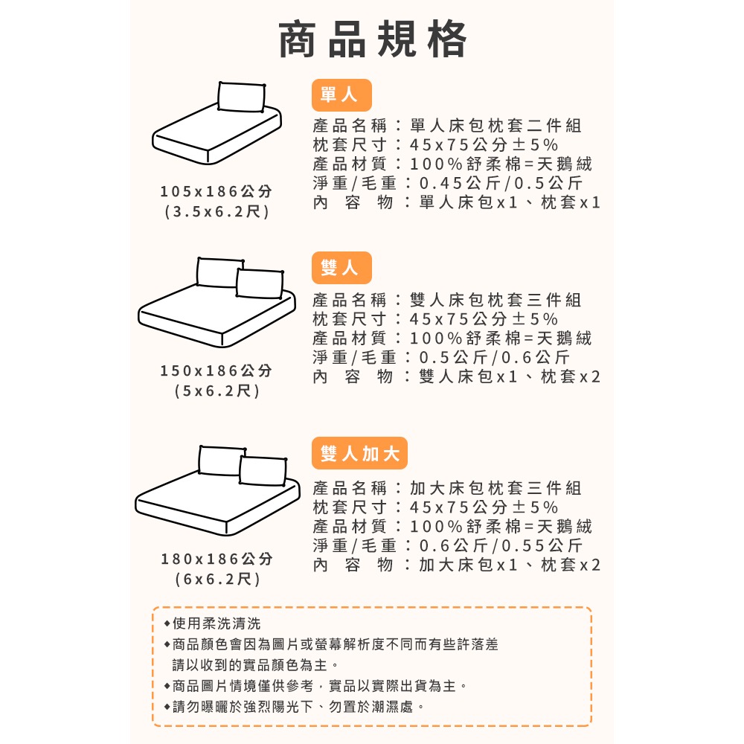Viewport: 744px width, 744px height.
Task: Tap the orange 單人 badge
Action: click(x=341, y=94)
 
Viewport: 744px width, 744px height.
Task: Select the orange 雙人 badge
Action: click(x=341, y=268)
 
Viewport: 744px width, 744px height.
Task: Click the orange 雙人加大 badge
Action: click(x=359, y=453)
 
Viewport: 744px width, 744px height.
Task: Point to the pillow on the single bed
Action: click(x=242, y=97)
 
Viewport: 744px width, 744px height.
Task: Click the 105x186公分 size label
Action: click(x=217, y=192)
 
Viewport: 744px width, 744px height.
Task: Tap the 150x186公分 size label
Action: click(x=217, y=371)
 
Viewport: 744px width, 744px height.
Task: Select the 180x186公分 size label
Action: click(x=217, y=559)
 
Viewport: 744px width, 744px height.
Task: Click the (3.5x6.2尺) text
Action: click(x=217, y=212)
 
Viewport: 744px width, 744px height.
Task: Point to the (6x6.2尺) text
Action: click(x=217, y=578)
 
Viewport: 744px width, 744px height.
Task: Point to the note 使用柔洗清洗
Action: click(x=217, y=623)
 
